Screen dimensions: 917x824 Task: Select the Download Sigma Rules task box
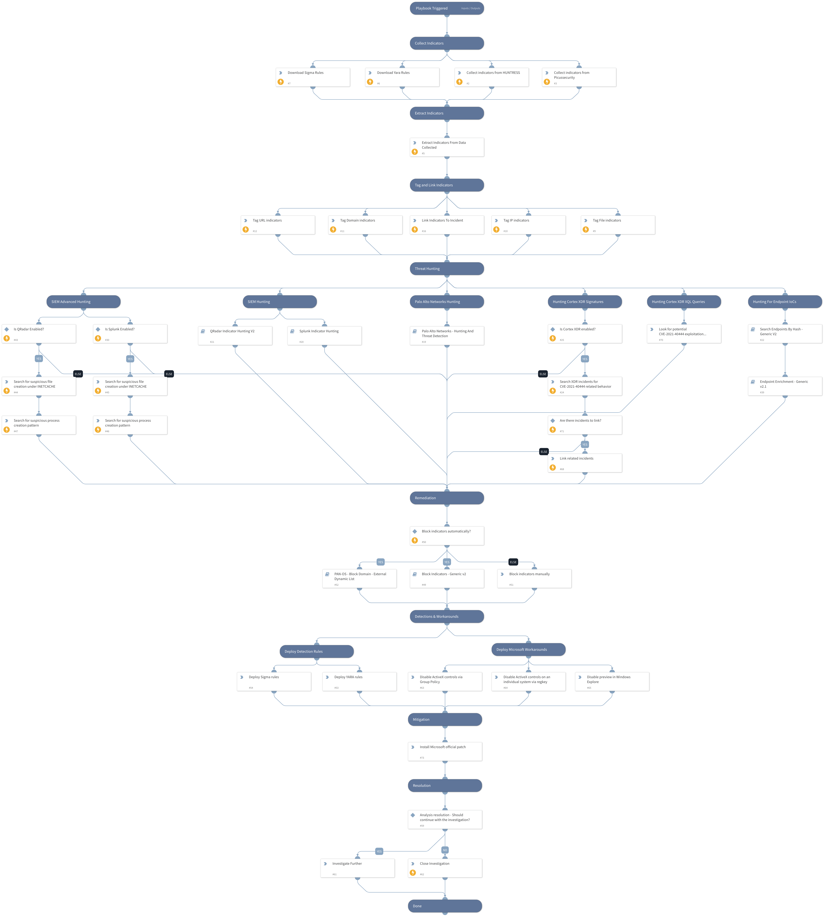312,77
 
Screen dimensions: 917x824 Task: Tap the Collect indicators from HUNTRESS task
491,77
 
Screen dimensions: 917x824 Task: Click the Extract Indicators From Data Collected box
446,147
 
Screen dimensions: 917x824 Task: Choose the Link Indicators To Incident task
446,225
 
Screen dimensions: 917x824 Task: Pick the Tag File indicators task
618,225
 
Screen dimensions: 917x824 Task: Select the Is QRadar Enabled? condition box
39,334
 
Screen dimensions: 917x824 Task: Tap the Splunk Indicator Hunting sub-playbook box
324,335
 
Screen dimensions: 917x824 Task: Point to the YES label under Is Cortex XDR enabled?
585,359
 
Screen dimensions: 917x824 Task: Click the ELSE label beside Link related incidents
544,452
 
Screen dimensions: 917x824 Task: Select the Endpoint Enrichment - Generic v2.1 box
785,386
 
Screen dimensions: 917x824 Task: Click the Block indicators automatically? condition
446,535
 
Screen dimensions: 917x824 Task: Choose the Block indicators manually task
534,578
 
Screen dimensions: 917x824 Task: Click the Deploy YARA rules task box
359,681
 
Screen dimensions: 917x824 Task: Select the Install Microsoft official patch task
445,751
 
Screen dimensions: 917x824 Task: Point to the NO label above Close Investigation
445,850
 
